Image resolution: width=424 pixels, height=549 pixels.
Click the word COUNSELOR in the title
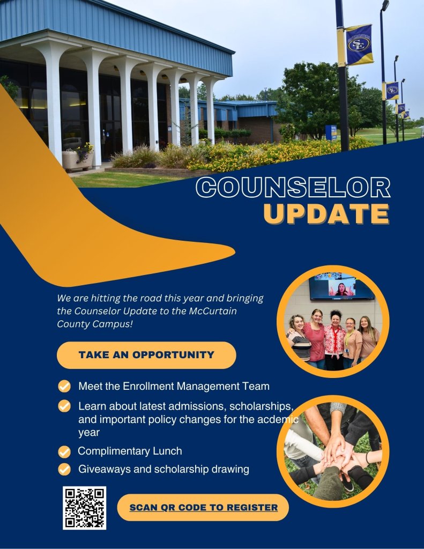[x=293, y=187]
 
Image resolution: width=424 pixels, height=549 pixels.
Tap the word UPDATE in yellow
[x=326, y=213]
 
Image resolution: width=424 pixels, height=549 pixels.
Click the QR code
[x=84, y=508]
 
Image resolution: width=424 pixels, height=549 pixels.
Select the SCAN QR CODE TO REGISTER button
[x=203, y=507]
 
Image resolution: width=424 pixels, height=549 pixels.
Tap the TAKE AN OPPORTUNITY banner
[x=146, y=355]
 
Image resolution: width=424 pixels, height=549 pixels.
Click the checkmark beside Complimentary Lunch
[x=64, y=451]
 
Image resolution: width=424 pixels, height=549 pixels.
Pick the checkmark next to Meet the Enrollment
[x=64, y=387]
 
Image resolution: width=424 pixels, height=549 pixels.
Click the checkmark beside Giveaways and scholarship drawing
[x=64, y=469]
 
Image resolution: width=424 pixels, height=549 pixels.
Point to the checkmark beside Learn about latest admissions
[x=64, y=406]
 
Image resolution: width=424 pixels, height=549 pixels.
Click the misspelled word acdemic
[x=278, y=419]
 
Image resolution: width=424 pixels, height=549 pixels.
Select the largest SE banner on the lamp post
[x=359, y=44]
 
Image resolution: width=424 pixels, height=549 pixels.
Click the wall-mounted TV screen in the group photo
[x=341, y=288]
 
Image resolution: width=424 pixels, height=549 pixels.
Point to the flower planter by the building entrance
[x=77, y=158]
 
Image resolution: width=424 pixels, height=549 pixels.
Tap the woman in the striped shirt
[x=299, y=338]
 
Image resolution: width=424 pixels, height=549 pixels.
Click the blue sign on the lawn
[x=331, y=133]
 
